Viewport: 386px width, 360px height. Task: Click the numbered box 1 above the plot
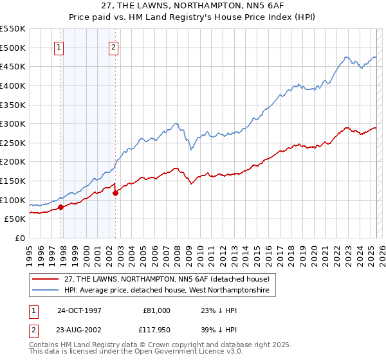pyautogui.click(x=59, y=46)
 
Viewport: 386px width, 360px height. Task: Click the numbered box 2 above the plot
pyautogui.click(x=113, y=46)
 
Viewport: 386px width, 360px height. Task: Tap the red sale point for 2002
pyautogui.click(x=116, y=193)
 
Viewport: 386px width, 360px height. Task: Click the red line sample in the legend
pyautogui.click(x=45, y=278)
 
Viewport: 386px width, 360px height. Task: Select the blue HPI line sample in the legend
pyautogui.click(x=45, y=291)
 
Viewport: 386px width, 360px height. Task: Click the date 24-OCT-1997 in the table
pyautogui.click(x=79, y=310)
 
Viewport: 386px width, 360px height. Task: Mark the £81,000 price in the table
pyautogui.click(x=157, y=310)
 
